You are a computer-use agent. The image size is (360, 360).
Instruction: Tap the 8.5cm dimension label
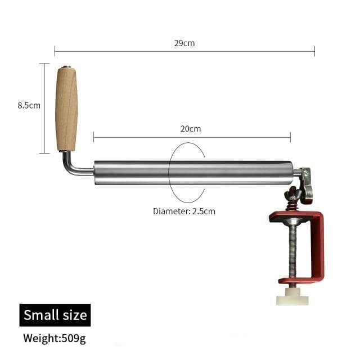click(x=29, y=105)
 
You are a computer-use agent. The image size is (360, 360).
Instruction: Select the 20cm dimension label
click(x=190, y=129)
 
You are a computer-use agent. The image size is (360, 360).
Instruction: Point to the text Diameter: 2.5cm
click(x=184, y=211)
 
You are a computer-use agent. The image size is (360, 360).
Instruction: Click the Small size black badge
click(x=55, y=314)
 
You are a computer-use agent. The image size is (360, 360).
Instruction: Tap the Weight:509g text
click(x=55, y=339)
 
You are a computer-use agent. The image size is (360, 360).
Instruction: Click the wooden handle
click(x=66, y=110)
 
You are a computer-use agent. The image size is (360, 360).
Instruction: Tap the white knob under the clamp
click(x=292, y=297)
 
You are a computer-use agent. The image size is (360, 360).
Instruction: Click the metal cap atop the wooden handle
click(x=66, y=68)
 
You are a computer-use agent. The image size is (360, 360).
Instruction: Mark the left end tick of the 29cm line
click(x=55, y=52)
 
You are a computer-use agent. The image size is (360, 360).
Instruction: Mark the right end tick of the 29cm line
click(x=314, y=52)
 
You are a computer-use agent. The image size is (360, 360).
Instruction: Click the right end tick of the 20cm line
click(x=290, y=137)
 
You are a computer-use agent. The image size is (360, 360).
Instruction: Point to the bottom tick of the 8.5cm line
click(x=45, y=152)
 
